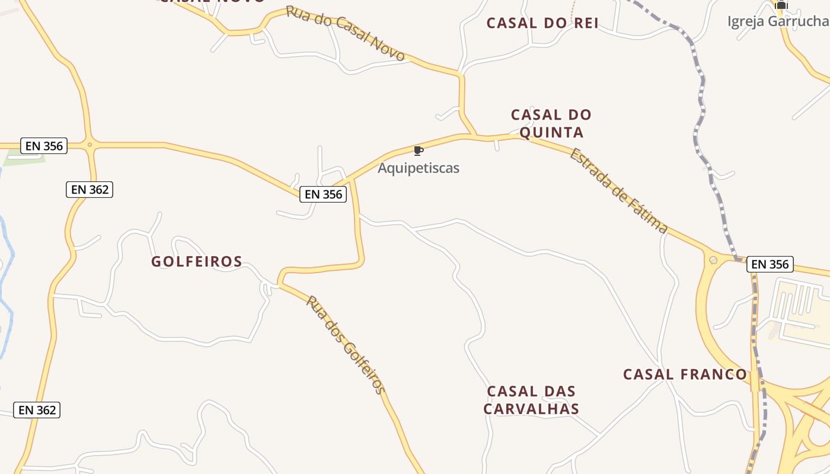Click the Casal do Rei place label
[x=542, y=23]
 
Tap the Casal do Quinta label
[x=551, y=123]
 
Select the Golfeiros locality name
[x=197, y=261]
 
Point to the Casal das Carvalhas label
[x=531, y=400]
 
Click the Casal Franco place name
[x=685, y=374]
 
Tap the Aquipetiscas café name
[x=419, y=168]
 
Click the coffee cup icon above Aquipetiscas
[x=418, y=150]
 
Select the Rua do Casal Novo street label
[x=346, y=33]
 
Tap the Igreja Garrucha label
[x=778, y=21]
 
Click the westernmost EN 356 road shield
[x=44, y=146]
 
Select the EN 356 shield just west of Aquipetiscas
[x=323, y=194]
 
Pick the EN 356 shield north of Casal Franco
[x=770, y=264]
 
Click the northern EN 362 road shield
[x=90, y=190]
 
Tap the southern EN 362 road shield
[x=37, y=410]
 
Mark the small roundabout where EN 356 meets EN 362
[x=90, y=144]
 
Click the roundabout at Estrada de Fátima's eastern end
[x=713, y=260]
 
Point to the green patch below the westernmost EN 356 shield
[x=24, y=158]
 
